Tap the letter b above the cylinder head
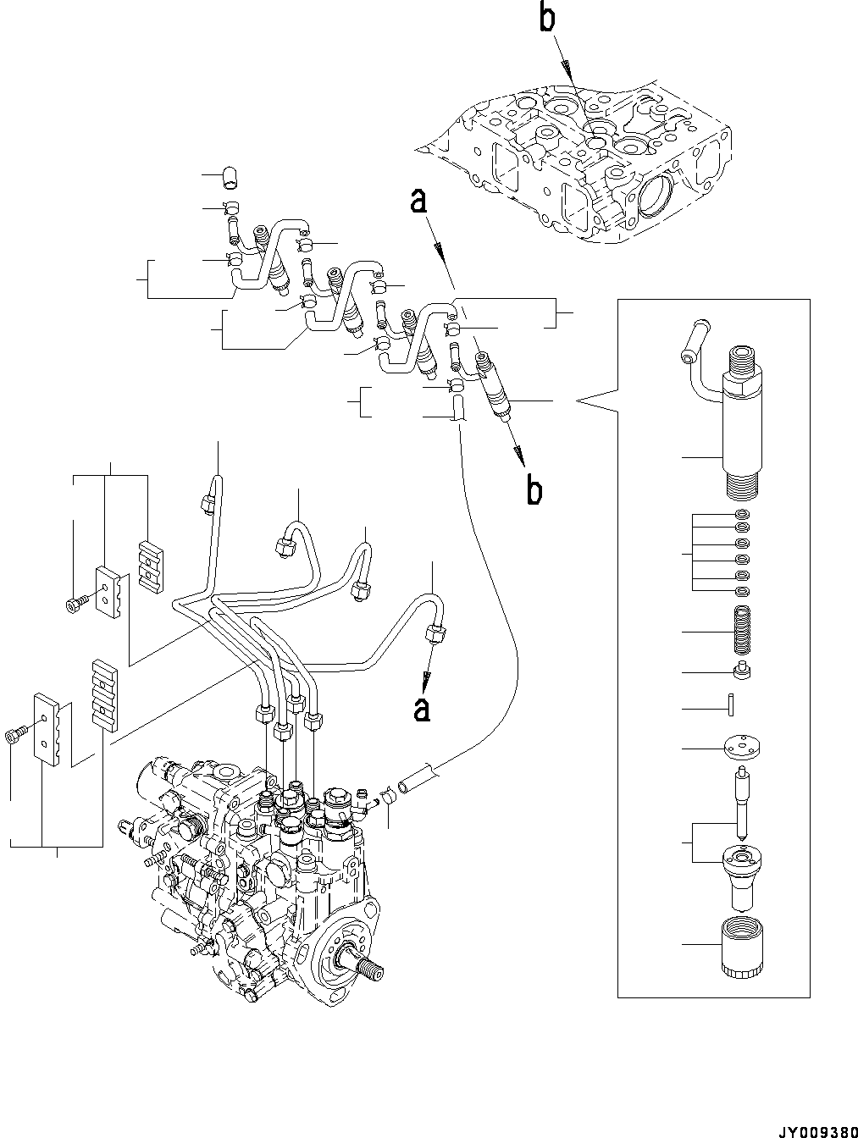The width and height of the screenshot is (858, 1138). click(548, 19)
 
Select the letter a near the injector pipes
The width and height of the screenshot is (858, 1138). click(417, 202)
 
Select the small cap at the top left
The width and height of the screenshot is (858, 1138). click(229, 176)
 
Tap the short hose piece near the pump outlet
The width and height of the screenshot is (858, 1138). click(418, 778)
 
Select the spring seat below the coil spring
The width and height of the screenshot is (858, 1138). click(741, 672)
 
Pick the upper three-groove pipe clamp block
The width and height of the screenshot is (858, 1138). click(149, 566)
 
